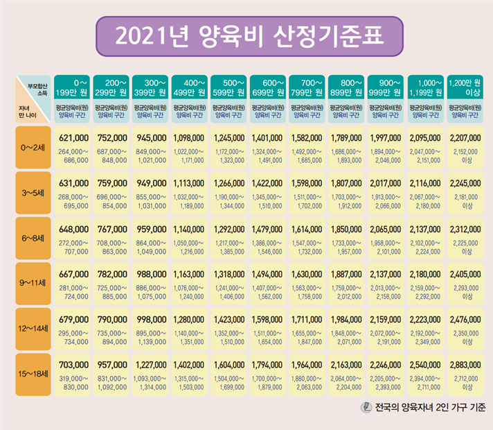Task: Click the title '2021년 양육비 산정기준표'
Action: pyautogui.click(x=248, y=35)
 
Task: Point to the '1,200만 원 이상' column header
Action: pyautogui.click(x=465, y=87)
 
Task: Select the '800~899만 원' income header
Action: pyautogui.click(x=347, y=87)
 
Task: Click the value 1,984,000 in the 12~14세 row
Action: pyautogui.click(x=347, y=320)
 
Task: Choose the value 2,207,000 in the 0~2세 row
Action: pyautogui.click(x=465, y=139)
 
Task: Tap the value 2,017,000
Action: pyautogui.click(x=386, y=184)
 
